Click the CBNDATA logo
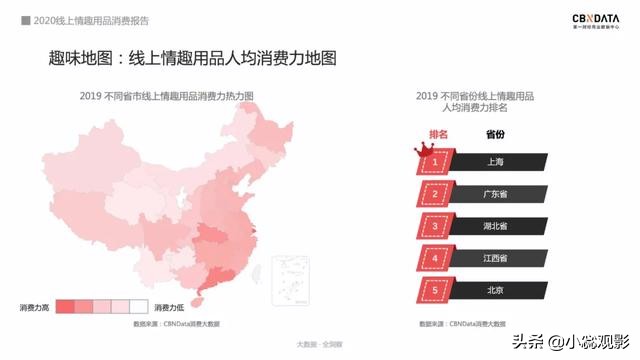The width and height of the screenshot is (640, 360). pyautogui.click(x=597, y=21)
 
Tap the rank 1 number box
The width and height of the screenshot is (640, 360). pyautogui.click(x=436, y=161)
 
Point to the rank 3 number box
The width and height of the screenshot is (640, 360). pyautogui.click(x=436, y=225)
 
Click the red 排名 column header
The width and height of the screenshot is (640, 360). pyautogui.click(x=438, y=133)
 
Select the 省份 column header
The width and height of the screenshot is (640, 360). pyautogui.click(x=495, y=133)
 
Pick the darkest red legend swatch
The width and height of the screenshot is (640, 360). pyautogui.click(x=66, y=307)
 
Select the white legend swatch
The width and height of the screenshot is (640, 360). pyautogui.click(x=138, y=307)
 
